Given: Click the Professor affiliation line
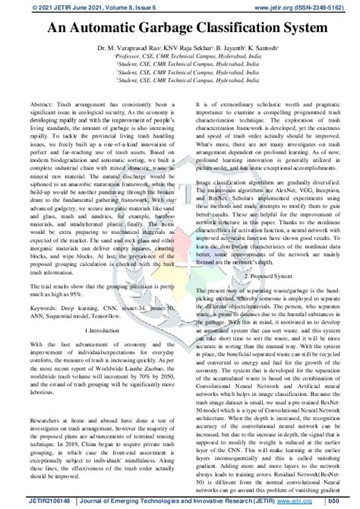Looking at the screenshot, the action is click(179, 55).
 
